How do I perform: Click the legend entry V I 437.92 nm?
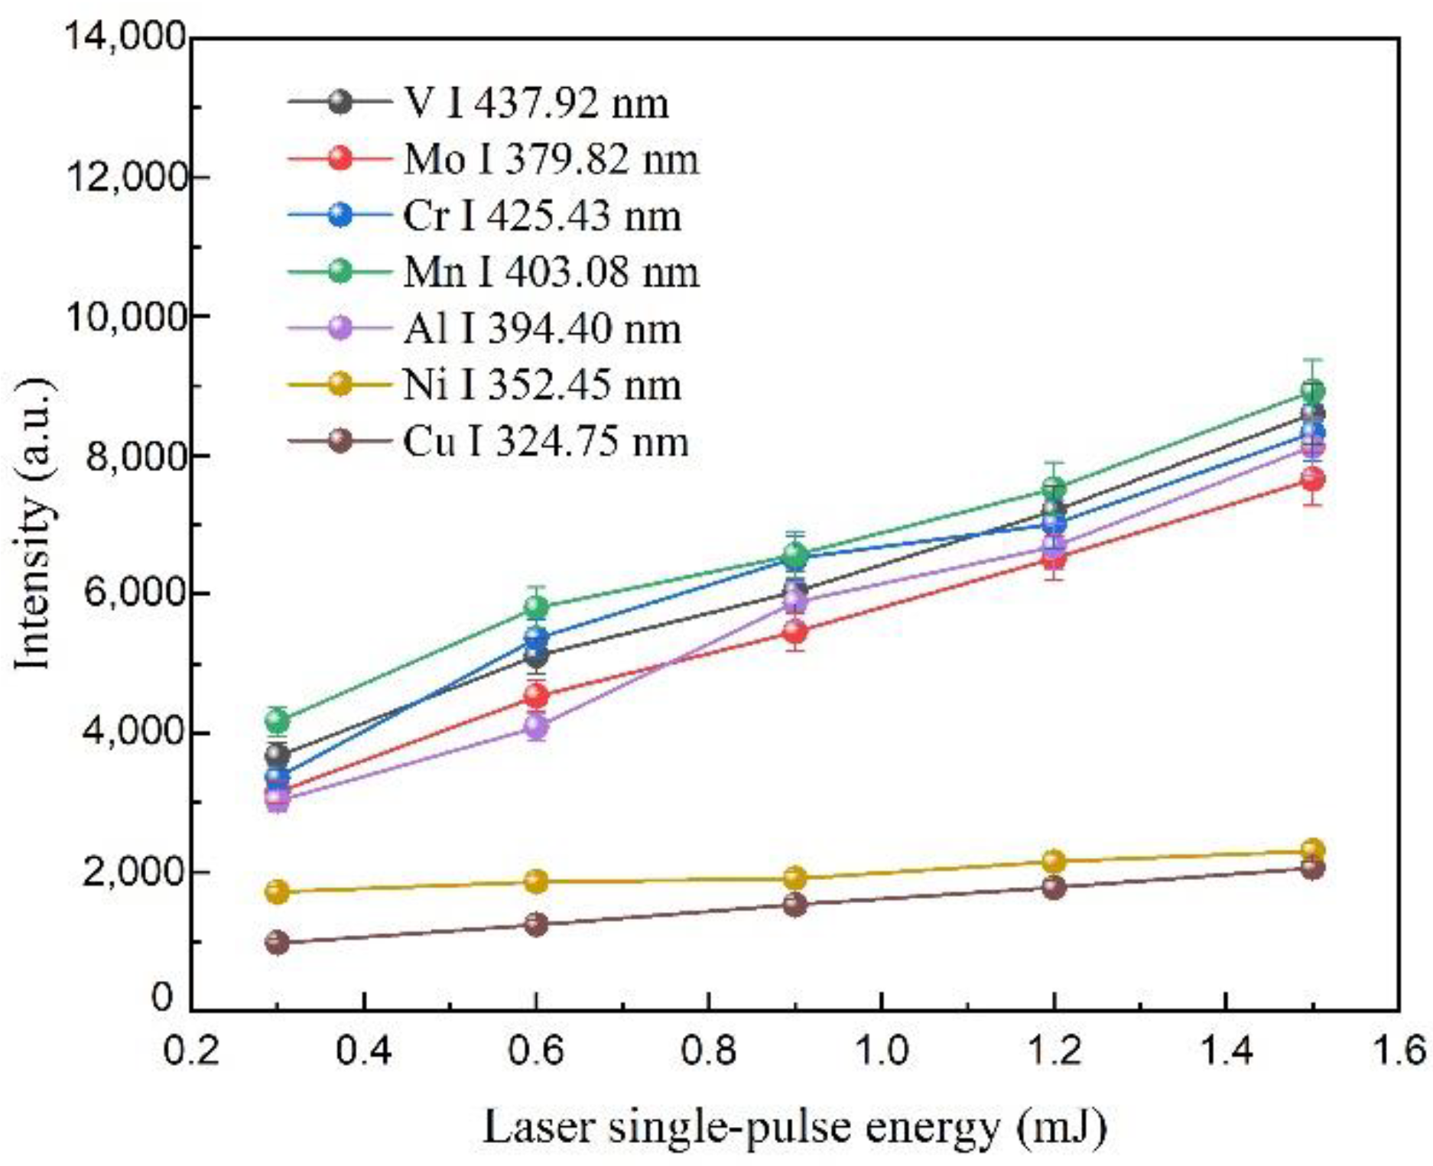point(535,103)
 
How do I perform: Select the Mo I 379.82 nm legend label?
point(551,160)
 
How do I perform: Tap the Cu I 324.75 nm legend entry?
point(545,442)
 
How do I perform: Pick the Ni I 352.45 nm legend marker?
point(340,385)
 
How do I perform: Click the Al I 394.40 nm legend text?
point(541,329)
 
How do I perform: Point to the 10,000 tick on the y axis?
point(127,316)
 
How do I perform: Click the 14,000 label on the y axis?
point(127,36)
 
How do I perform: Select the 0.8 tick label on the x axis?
point(709,1051)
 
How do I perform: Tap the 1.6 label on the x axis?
point(1399,1051)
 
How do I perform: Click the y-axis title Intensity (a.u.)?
point(34,524)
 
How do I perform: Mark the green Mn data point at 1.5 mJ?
point(1313,391)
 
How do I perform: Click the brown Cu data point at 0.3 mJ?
point(278,941)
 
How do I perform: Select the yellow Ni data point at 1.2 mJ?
point(1054,861)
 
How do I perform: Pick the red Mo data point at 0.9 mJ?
point(795,632)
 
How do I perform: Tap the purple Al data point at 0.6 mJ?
point(537,725)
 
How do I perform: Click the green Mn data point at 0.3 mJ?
point(278,719)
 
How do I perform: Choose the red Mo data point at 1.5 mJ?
point(1313,480)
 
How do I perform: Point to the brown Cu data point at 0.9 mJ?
point(795,905)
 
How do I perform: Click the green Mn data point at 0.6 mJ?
point(537,606)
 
